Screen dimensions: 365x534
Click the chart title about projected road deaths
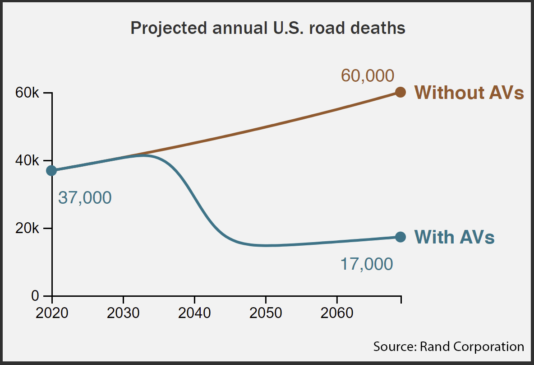click(x=268, y=28)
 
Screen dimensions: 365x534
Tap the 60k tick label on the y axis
click(x=28, y=93)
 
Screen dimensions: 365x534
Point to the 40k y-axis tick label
click(x=28, y=161)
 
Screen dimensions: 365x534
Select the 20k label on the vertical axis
click(x=28, y=228)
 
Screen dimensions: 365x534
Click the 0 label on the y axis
click(x=35, y=296)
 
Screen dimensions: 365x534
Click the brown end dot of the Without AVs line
click(x=400, y=92)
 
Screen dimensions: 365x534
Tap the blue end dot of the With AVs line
click(x=400, y=237)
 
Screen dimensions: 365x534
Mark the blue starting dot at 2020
click(x=52, y=170)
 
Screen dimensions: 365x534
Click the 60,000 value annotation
click(x=367, y=75)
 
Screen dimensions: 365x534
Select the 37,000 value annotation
click(x=85, y=198)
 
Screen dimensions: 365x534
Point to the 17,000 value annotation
click(x=366, y=264)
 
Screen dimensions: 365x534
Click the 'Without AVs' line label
click(x=469, y=93)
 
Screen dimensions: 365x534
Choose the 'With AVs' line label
click(x=454, y=237)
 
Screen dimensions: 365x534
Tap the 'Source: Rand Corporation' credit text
click(x=449, y=346)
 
